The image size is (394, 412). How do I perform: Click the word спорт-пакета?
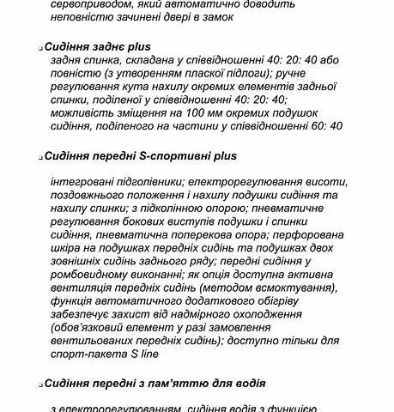(x=87, y=353)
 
